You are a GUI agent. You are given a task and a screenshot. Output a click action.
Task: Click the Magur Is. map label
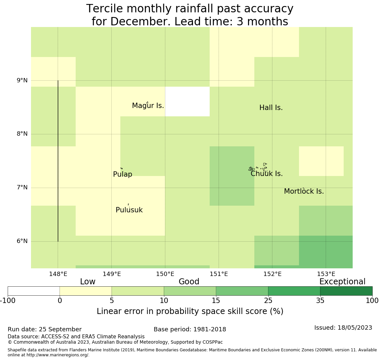click(x=148, y=106)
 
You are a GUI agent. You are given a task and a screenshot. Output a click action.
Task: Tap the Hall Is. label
click(x=271, y=108)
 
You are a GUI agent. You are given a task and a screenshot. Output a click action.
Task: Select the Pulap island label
click(x=123, y=174)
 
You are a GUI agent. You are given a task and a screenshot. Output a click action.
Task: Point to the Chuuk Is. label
click(x=267, y=174)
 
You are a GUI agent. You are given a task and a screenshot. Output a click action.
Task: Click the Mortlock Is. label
click(x=304, y=191)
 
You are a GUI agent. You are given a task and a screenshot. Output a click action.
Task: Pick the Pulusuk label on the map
click(x=129, y=210)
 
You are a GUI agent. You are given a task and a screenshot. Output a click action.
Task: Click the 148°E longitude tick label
click(x=58, y=274)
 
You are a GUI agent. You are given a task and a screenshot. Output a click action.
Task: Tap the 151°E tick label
click(x=219, y=274)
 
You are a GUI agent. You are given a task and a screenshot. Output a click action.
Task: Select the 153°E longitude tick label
click(x=326, y=274)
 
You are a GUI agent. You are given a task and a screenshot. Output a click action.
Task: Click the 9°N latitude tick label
click(x=22, y=80)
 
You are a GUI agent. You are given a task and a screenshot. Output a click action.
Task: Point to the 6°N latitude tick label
click(x=22, y=241)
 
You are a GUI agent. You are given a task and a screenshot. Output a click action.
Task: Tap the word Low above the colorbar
click(x=88, y=282)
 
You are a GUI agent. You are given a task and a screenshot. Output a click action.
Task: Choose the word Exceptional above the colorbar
click(x=342, y=282)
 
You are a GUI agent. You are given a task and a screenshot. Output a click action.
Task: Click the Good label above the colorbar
click(x=189, y=282)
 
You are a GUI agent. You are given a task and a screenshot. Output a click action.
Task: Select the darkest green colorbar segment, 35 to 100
click(x=346, y=291)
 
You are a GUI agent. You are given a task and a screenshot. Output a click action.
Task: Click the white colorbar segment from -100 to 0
click(x=34, y=291)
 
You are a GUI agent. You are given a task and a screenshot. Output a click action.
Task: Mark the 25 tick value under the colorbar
click(x=268, y=301)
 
